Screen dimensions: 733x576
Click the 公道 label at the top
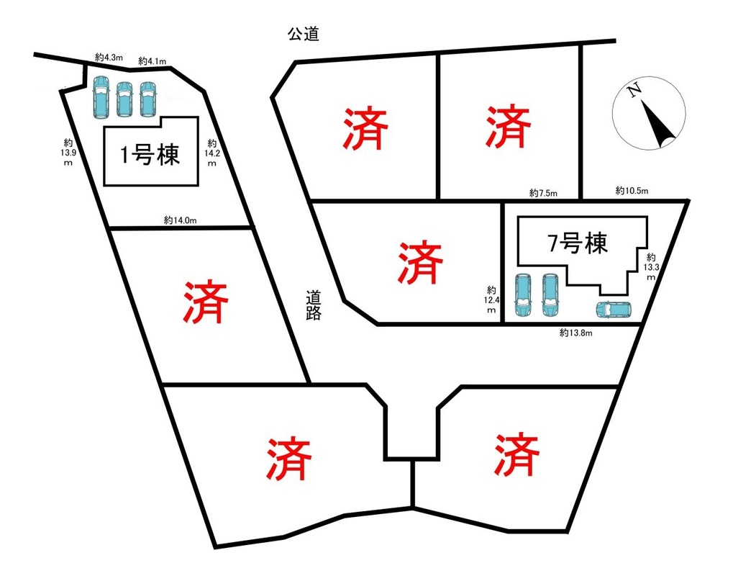[x=304, y=34]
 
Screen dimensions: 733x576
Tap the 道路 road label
[x=313, y=305]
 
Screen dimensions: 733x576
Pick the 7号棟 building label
[x=578, y=243]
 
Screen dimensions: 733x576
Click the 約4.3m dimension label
[x=109, y=58]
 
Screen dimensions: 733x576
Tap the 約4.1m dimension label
[x=152, y=60]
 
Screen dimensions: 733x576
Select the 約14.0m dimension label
[x=180, y=220]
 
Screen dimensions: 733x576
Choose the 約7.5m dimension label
[x=543, y=193]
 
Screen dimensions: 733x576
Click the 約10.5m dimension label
[x=632, y=191]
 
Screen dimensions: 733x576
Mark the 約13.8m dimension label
[x=576, y=333]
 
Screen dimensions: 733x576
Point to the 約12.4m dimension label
[x=491, y=300]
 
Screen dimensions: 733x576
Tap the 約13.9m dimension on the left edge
[x=68, y=153]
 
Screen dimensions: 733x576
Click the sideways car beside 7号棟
[x=614, y=310]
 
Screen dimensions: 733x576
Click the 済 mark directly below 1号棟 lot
[x=206, y=302]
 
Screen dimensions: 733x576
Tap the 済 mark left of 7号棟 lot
[x=420, y=263]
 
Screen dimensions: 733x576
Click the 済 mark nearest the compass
[x=508, y=126]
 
